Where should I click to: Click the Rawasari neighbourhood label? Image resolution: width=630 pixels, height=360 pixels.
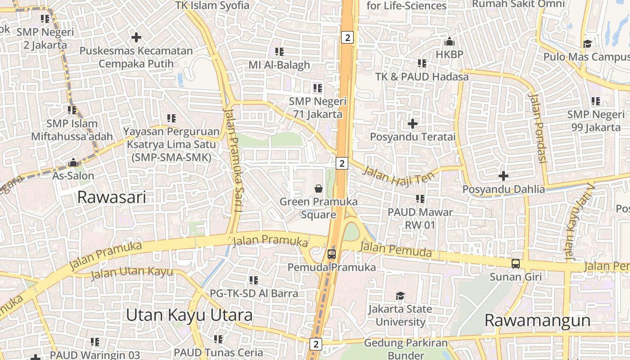point(112,197)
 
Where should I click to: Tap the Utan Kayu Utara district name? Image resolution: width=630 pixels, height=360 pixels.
point(189,315)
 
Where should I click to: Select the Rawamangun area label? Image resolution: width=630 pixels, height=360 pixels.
point(537,320)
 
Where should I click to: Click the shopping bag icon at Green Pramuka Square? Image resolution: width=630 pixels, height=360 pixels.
point(319,188)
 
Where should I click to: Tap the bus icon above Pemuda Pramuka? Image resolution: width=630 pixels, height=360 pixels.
point(332,254)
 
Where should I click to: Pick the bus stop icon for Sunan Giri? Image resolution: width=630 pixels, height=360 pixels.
point(516,264)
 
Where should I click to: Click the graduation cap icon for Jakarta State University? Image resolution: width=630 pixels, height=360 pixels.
point(400,296)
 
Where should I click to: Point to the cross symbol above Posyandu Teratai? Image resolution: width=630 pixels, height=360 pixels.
point(413,123)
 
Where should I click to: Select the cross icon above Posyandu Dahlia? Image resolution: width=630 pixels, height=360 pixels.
point(504,175)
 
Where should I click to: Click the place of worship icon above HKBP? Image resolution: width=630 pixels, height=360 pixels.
point(449,42)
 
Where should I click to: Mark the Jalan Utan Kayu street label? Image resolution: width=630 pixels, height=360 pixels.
point(132,272)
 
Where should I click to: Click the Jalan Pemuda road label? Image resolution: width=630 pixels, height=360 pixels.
point(396,250)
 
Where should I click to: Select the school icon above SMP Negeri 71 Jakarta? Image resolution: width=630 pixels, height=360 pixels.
point(318,88)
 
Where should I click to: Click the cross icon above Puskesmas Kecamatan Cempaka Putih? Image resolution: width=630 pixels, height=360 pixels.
point(136,37)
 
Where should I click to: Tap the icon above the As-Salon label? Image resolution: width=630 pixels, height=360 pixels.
point(73,162)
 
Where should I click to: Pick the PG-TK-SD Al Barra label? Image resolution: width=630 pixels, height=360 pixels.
point(254,293)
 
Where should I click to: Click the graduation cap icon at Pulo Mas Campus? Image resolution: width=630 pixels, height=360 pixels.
point(587,44)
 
